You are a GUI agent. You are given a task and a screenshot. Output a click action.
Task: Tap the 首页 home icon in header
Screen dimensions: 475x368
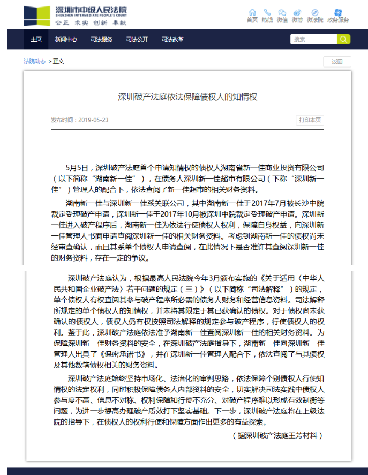(252, 12)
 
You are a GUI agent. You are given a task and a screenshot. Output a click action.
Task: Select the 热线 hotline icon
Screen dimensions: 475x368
(267, 12)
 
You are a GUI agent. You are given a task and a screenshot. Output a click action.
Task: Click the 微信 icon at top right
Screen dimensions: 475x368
(282, 12)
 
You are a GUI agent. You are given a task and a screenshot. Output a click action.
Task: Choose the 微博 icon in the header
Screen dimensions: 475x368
(297, 12)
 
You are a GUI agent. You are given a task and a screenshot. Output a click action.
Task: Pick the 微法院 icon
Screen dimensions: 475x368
(315, 12)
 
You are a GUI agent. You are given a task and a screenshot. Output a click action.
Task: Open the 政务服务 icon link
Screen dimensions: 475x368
(338, 12)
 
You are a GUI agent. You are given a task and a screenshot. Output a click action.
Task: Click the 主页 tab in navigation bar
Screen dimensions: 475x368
(36, 39)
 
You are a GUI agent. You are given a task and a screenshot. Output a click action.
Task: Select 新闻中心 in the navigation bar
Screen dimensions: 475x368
(66, 39)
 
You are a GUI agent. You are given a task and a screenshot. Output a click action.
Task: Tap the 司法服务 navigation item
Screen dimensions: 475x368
(101, 39)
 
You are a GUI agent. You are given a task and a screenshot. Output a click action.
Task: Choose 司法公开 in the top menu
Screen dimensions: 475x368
(137, 39)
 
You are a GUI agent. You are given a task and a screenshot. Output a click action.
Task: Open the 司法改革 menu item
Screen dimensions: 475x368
(172, 39)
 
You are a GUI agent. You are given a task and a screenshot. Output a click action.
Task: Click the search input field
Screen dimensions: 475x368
(313, 39)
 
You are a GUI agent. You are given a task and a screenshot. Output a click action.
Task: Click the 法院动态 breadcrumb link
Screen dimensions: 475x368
(34, 61)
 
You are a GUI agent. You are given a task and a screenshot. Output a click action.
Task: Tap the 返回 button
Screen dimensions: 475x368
(337, 62)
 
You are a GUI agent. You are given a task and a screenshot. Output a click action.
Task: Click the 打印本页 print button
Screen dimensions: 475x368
(310, 120)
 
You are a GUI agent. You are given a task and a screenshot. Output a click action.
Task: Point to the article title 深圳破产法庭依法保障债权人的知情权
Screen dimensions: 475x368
(187, 97)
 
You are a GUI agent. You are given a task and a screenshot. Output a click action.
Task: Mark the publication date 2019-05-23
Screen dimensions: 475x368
(93, 120)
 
